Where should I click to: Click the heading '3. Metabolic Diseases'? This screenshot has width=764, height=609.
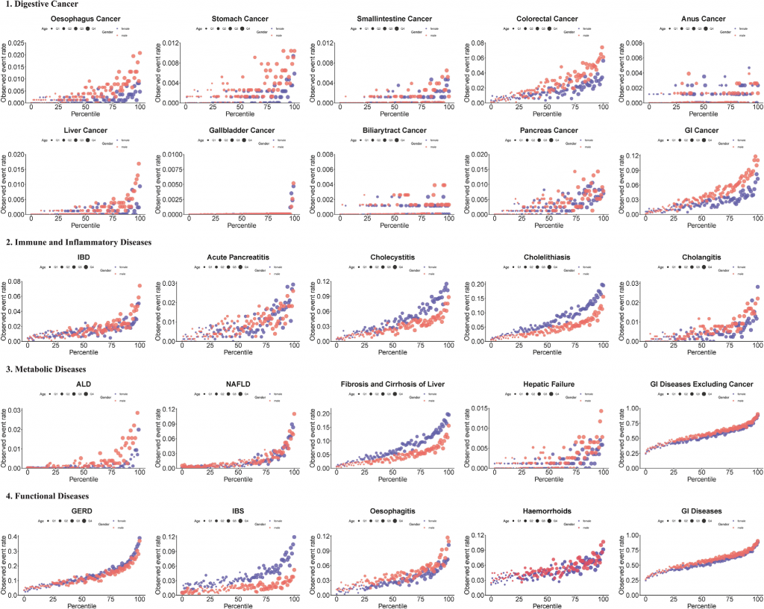(x=44, y=369)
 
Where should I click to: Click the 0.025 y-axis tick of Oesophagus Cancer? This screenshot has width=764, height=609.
(x=16, y=43)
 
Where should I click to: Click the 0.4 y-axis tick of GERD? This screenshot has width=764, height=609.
(x=17, y=536)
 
